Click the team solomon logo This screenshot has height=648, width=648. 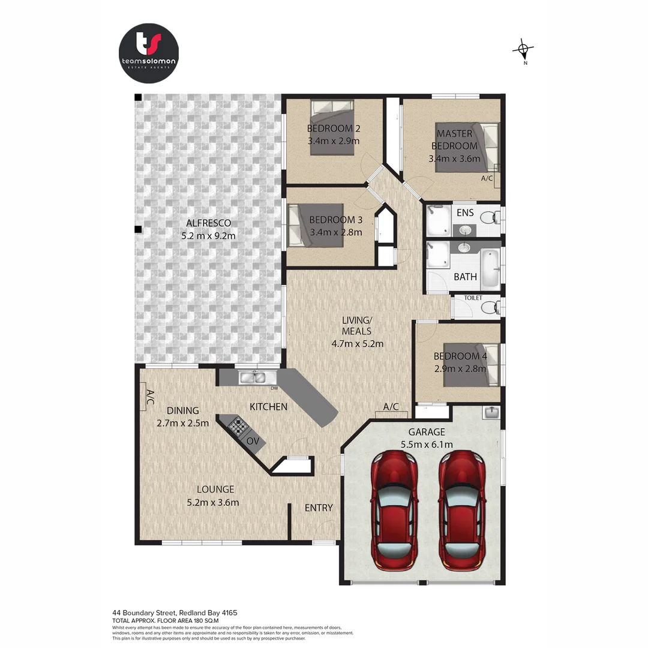point(149,52)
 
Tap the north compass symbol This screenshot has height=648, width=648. point(524,50)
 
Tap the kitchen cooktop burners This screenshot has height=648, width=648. point(238,427)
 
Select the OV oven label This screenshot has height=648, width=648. point(253,441)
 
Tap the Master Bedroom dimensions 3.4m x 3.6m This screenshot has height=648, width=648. point(455,159)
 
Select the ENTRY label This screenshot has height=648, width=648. point(319,508)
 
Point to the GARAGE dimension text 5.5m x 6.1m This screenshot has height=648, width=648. point(426,445)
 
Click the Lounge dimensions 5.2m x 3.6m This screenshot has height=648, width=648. point(212,502)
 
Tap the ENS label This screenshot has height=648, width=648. point(465,213)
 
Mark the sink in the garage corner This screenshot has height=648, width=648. point(491,412)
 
